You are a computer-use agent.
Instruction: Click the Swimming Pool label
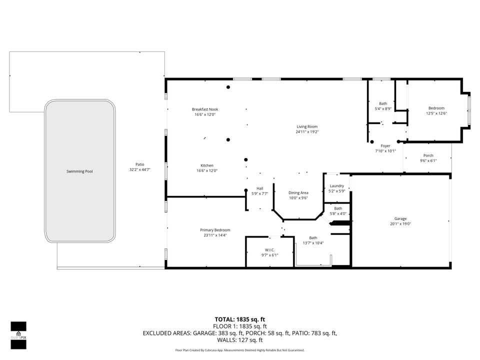pyautogui.click(x=79, y=171)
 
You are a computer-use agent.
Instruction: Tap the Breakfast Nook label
pyautogui.click(x=205, y=109)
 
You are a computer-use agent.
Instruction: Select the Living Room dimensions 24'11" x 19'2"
pyautogui.click(x=307, y=132)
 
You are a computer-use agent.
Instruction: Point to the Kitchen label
pyautogui.click(x=207, y=165)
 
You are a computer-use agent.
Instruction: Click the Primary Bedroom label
pyautogui.click(x=215, y=230)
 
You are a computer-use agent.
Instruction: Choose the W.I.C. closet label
pyautogui.click(x=270, y=249)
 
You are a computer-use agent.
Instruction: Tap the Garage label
pyautogui.click(x=400, y=218)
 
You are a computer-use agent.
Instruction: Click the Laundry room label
pyautogui.click(x=337, y=185)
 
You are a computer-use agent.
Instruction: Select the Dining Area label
pyautogui.click(x=298, y=192)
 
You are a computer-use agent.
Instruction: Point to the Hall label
pyautogui.click(x=260, y=188)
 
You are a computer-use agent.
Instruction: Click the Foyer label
pyautogui.click(x=385, y=145)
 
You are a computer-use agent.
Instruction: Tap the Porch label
pyautogui.click(x=428, y=155)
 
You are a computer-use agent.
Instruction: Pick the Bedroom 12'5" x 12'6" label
pyautogui.click(x=436, y=108)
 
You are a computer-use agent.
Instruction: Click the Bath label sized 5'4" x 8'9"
pyautogui.click(x=383, y=103)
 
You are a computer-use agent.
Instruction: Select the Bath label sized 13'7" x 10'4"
pyautogui.click(x=313, y=237)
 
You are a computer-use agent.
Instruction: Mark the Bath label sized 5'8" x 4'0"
pyautogui.click(x=338, y=208)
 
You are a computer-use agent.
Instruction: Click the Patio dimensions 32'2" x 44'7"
pyautogui.click(x=140, y=170)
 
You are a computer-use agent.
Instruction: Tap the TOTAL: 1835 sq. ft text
pyautogui.click(x=239, y=318)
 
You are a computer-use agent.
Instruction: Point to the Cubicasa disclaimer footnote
pyautogui.click(x=239, y=350)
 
